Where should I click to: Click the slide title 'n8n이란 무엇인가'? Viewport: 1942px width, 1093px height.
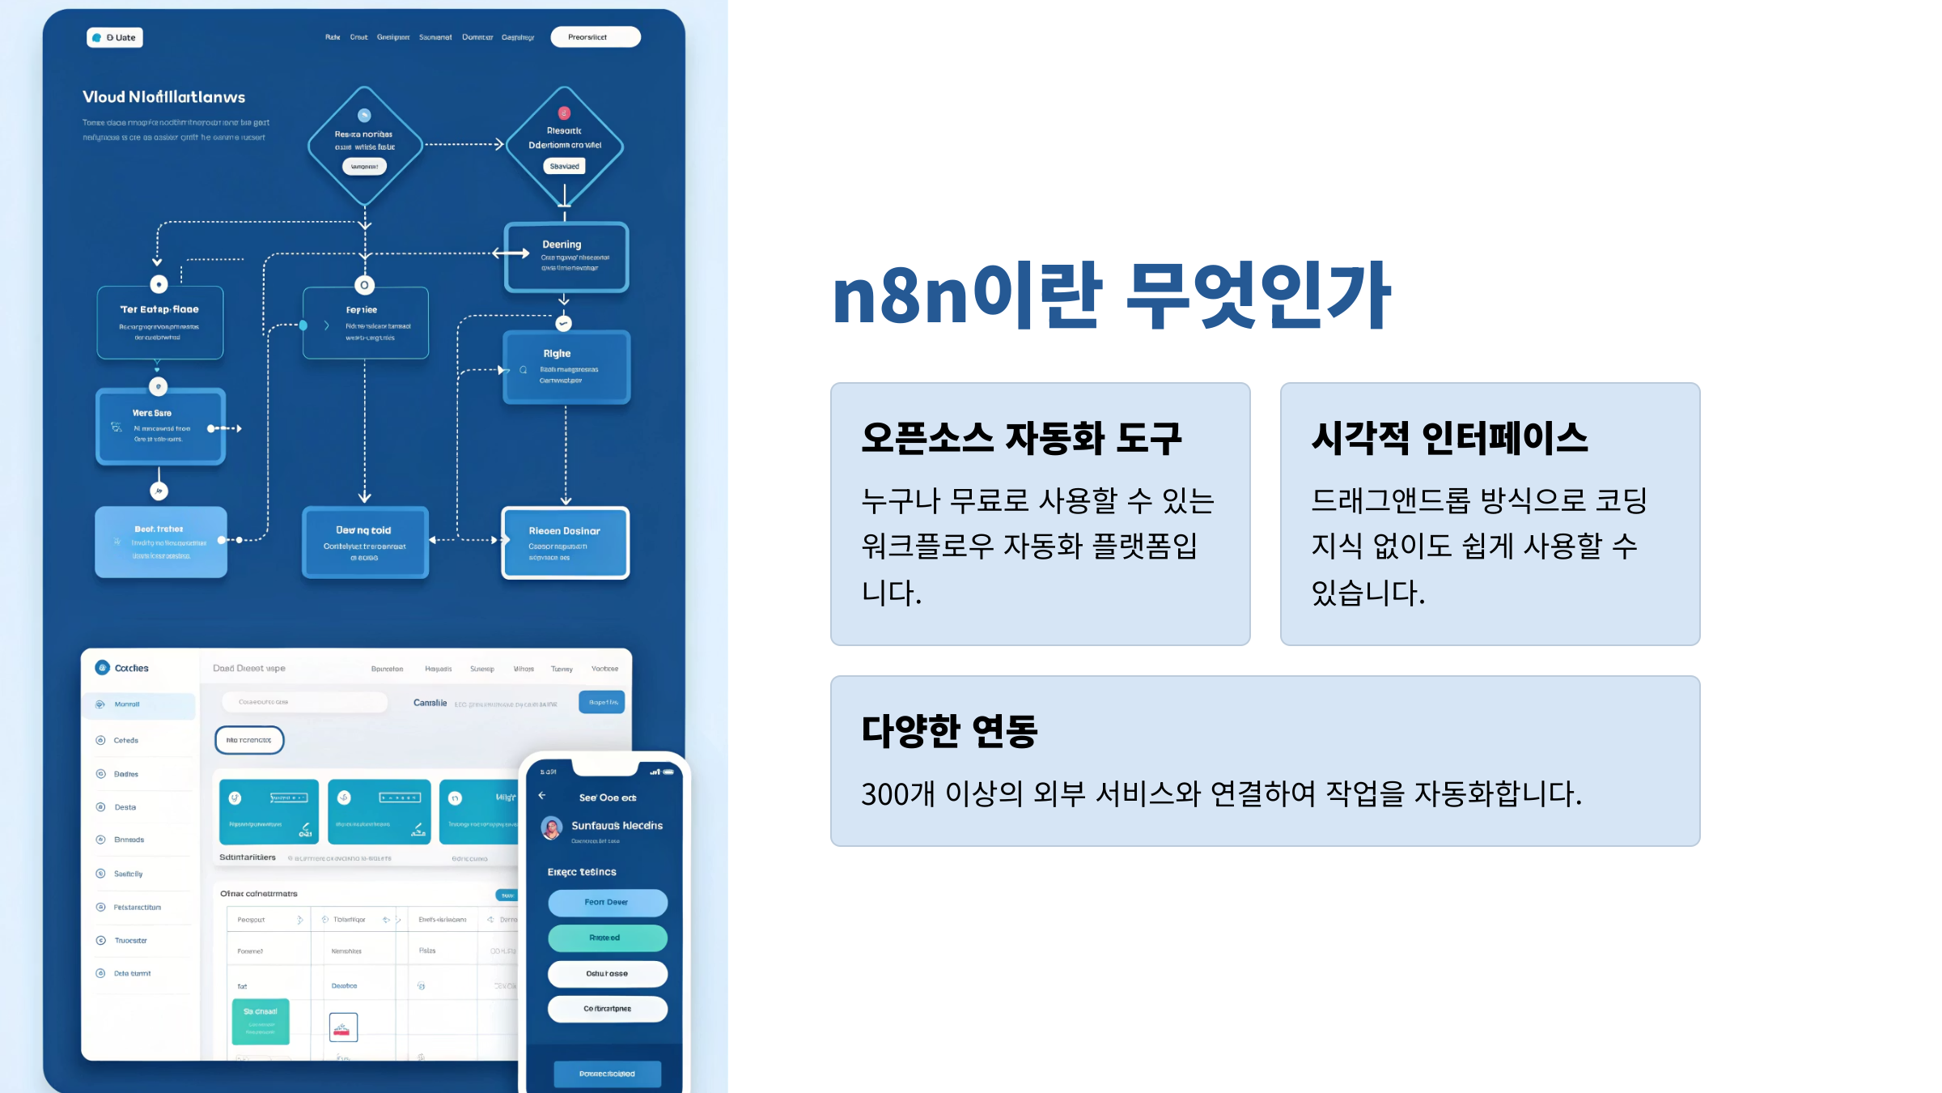tap(1111, 296)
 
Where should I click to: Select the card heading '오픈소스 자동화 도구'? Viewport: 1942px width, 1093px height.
tap(1021, 438)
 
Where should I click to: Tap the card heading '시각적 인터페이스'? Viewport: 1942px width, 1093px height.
tap(1449, 438)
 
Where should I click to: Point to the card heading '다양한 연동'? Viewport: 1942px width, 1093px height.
tap(949, 730)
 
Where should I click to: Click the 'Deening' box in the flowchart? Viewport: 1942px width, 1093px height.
tap(566, 256)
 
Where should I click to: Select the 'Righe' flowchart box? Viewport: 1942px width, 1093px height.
tap(566, 367)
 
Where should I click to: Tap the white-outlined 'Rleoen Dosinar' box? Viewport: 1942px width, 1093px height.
tap(566, 542)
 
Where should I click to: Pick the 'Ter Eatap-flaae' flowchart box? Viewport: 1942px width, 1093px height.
tap(160, 321)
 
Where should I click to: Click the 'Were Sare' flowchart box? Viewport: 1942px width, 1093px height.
tap(160, 426)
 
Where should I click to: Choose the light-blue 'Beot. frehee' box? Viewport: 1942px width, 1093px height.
tap(161, 542)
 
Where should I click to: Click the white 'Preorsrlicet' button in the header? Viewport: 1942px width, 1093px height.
tap(596, 37)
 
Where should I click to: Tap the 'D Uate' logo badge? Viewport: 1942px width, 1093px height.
tap(115, 37)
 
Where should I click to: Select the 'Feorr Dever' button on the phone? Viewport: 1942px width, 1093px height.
tap(607, 902)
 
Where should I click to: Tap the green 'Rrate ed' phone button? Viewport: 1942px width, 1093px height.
tap(607, 938)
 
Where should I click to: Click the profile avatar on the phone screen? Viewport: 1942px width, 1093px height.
tap(552, 827)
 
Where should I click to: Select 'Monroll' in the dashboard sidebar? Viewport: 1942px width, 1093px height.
tap(127, 704)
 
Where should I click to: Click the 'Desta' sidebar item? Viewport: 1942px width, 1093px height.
tap(125, 807)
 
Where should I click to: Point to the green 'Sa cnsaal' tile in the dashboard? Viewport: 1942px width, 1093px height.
tap(261, 1020)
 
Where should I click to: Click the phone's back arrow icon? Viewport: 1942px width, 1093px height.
tap(542, 796)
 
